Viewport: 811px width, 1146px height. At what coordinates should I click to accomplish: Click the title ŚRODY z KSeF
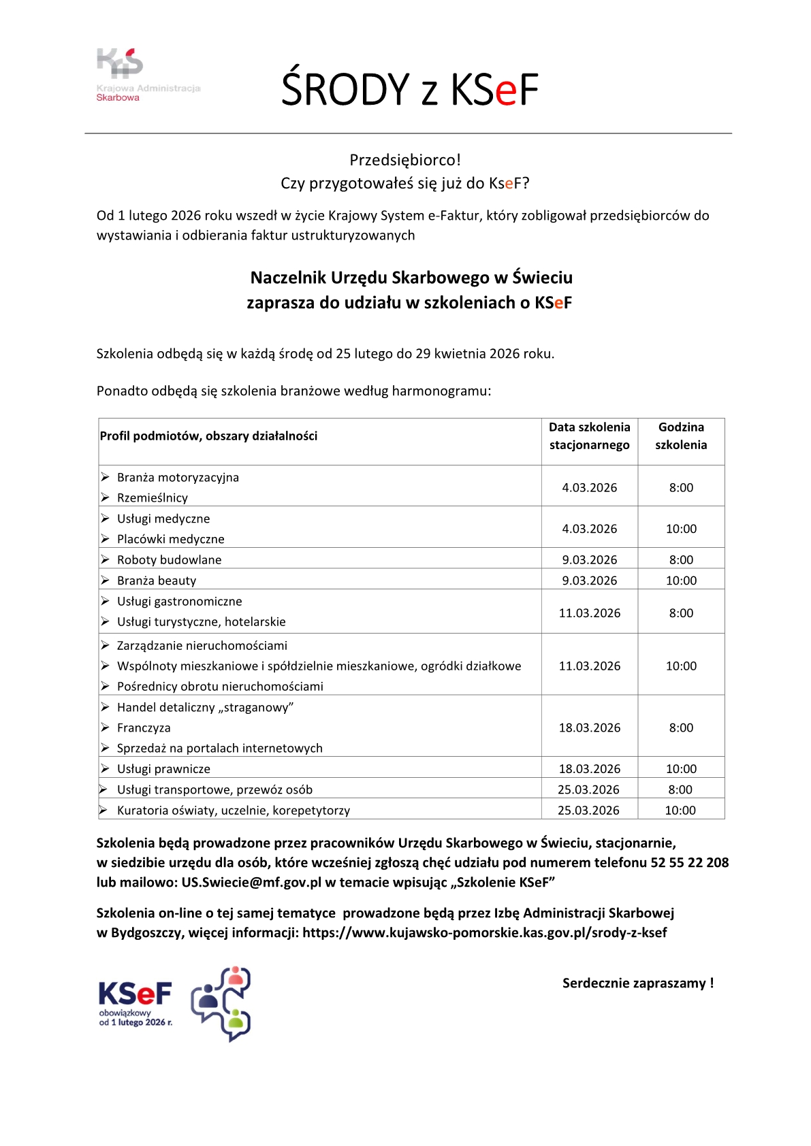tap(410, 89)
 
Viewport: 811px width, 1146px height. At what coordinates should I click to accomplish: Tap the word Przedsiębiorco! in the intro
tap(405, 160)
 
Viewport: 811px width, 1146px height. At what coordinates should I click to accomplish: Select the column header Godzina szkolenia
tap(681, 436)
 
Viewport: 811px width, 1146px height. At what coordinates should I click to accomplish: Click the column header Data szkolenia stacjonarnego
tap(590, 436)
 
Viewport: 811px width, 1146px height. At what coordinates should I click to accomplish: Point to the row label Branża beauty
tap(157, 580)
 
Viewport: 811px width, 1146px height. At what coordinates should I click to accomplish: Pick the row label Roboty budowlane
tap(169, 560)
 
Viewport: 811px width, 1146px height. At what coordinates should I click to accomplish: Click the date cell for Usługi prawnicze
tap(590, 769)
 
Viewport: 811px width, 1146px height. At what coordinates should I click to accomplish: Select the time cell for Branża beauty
tap(681, 580)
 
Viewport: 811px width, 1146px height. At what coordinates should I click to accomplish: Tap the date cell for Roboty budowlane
tap(590, 560)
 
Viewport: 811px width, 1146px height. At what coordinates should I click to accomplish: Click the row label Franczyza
tap(144, 728)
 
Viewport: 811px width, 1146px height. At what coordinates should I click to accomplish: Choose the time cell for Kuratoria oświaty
tap(680, 811)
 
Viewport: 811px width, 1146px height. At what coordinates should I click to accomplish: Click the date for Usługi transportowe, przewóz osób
tap(588, 790)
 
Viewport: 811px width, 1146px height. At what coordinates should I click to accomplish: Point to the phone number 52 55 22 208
tap(690, 863)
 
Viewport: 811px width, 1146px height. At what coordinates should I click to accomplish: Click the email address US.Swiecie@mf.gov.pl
tap(251, 883)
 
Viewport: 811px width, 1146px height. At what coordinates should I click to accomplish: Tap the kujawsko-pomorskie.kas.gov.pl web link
tap(485, 933)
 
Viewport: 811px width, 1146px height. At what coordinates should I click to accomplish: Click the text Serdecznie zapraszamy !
tap(638, 983)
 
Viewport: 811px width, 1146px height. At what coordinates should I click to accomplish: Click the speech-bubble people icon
tap(222, 1004)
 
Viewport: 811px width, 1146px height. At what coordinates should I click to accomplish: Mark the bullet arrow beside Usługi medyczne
tap(105, 519)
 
